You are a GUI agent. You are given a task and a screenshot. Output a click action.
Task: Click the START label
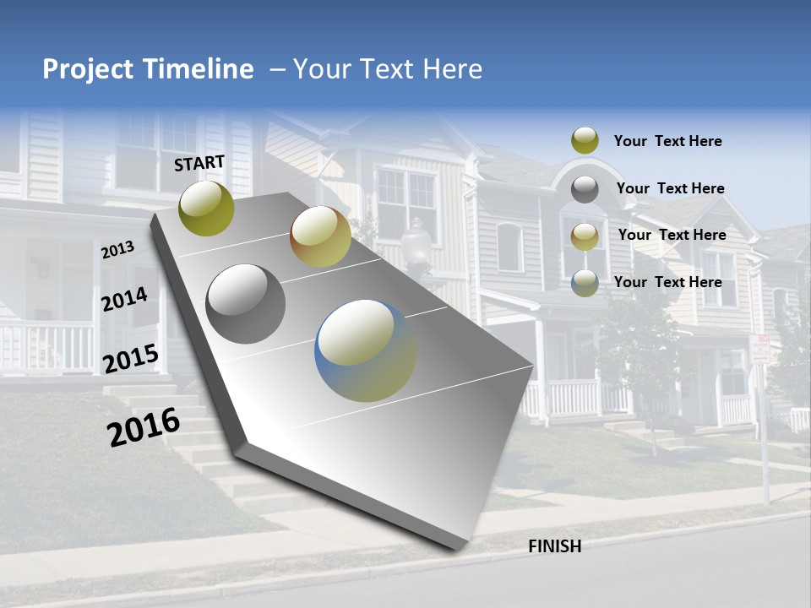pos(199,163)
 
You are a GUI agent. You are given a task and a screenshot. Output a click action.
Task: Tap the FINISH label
pos(554,546)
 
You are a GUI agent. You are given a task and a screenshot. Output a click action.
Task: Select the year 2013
pos(118,250)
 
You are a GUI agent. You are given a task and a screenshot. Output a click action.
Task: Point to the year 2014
pos(125,300)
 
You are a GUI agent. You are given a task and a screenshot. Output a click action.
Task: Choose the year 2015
pos(131,359)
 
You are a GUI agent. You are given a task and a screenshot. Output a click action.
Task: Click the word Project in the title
pos(90,69)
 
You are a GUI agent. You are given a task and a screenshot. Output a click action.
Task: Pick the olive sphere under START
pos(207,208)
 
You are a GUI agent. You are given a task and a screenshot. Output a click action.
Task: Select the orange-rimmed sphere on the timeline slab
pos(320,236)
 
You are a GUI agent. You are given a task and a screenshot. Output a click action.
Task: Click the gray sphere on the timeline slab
pos(246,303)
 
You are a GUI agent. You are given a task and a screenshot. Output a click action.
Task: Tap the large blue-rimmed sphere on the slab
pos(366,350)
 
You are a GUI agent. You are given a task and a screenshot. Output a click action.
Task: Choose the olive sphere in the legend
pos(585,140)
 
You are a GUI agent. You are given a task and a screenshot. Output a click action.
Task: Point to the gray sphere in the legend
pos(585,188)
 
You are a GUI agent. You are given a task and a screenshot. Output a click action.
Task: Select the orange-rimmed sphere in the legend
pos(585,236)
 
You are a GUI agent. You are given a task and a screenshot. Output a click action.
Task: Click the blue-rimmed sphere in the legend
pos(585,282)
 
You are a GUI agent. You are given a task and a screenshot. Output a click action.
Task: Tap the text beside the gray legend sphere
pos(671,188)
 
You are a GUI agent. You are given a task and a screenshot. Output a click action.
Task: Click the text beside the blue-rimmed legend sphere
pos(668,282)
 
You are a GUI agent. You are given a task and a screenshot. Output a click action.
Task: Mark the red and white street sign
pos(761,349)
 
